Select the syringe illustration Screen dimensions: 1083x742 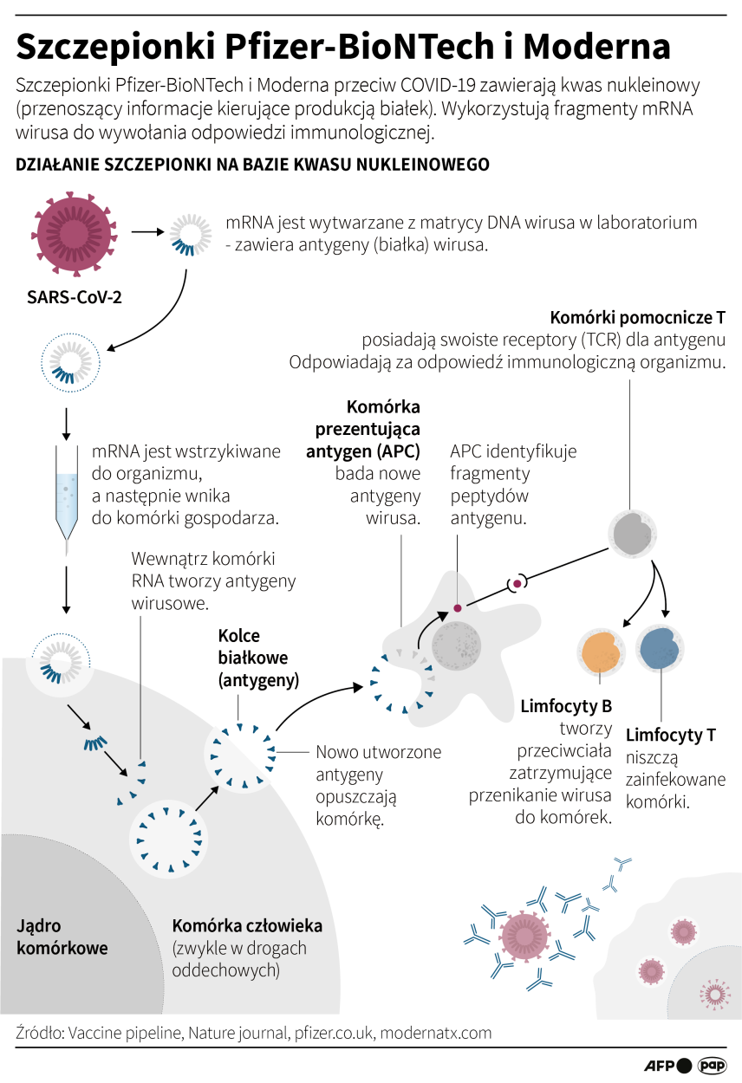coord(67,498)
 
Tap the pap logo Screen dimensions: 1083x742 coord(712,1065)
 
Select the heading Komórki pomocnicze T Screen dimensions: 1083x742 coord(638,317)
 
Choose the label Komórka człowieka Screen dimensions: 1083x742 coord(247,925)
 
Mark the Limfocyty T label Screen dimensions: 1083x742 coord(670,735)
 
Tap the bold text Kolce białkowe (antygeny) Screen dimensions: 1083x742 coord(258,658)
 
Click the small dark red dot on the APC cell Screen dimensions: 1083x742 coord(458,608)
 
